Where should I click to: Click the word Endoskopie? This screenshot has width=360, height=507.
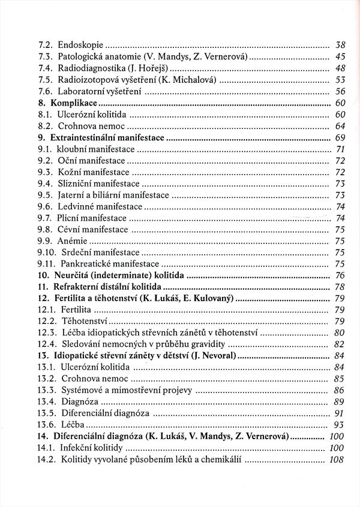click(81, 44)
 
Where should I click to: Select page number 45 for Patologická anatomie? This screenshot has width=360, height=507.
click(340, 56)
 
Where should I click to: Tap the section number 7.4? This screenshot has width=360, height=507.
click(46, 68)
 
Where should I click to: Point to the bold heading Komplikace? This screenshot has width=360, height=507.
click(76, 103)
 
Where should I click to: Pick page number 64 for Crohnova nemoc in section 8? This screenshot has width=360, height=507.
click(340, 126)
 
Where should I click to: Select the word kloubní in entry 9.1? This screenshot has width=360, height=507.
click(73, 149)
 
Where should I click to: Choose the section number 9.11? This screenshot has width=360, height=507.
click(47, 264)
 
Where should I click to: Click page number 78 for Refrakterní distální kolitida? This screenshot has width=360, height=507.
click(340, 287)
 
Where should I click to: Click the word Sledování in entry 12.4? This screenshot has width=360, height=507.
click(83, 344)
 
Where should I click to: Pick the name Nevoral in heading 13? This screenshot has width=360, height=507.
click(216, 356)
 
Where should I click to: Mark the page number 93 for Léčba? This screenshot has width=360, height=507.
click(340, 425)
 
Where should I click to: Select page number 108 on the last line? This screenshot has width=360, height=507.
click(337, 460)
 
